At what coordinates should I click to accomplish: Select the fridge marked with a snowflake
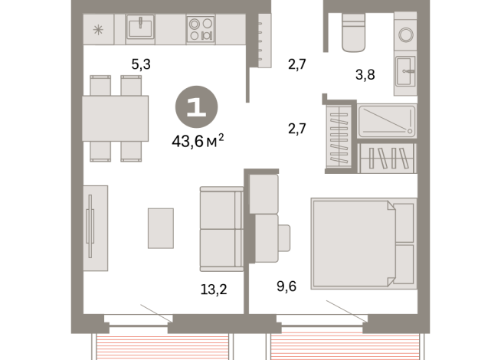coord(98,30)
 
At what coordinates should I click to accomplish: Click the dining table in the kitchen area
coord(115,118)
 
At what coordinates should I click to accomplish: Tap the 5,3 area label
coord(141,65)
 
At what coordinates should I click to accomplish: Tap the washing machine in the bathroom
coord(405,31)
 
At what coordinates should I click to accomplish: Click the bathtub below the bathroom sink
coord(387,121)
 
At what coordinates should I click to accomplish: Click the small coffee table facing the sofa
coord(161,227)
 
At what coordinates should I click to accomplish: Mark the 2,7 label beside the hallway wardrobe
coord(296,128)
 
